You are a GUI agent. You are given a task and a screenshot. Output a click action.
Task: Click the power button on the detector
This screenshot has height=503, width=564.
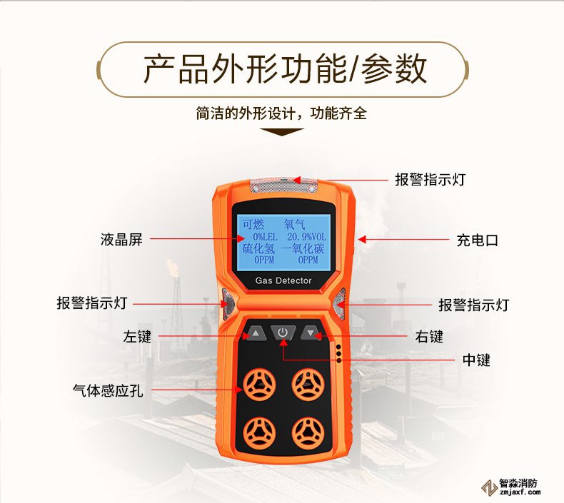point(283,332)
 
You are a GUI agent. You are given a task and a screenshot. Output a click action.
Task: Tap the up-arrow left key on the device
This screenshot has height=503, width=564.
point(256,333)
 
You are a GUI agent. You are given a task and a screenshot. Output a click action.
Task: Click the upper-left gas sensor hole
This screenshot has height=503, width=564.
point(259,385)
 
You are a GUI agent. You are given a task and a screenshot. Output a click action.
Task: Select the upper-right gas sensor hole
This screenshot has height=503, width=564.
point(308,384)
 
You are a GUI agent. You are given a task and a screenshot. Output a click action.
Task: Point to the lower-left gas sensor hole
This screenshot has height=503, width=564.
point(259,434)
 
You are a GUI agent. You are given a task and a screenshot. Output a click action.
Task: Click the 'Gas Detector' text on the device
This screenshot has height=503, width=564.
point(283,281)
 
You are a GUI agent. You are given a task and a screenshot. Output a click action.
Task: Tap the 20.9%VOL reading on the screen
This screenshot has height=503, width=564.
point(306,237)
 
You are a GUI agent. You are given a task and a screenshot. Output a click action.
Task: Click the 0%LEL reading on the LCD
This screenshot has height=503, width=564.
point(265,237)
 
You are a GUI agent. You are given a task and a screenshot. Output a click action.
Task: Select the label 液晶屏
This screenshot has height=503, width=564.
point(121,240)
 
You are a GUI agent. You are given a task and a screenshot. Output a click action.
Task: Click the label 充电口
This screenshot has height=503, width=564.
point(478,240)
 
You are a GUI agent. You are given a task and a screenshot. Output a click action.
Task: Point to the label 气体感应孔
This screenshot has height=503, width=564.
point(108,390)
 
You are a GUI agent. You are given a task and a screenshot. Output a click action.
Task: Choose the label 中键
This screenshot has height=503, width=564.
point(476,360)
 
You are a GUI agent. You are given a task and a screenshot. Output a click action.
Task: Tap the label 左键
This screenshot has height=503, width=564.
point(137,337)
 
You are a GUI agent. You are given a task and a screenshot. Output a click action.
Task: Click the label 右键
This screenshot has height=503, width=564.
point(429,337)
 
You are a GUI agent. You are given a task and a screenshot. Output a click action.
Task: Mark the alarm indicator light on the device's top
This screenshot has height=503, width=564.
point(284,185)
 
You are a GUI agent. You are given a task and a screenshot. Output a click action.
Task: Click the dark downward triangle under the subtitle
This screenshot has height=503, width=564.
point(281,132)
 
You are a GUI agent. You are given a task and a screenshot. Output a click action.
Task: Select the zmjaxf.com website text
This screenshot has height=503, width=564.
point(520,492)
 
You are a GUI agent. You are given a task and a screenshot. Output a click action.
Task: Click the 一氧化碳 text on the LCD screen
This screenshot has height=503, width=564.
point(302,248)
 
